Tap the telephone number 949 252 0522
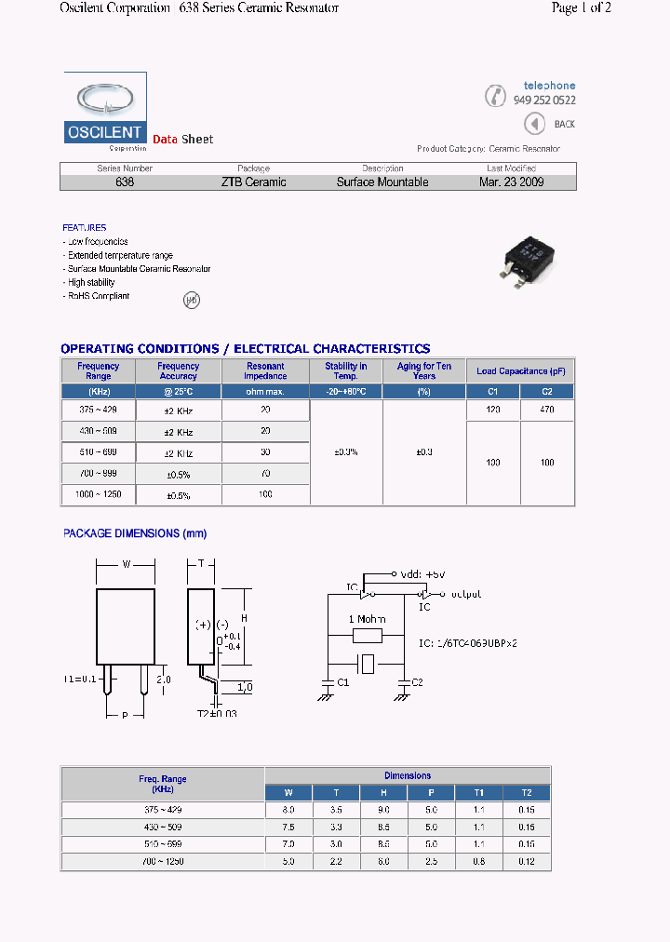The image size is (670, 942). [544, 101]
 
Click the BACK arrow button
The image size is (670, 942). [534, 124]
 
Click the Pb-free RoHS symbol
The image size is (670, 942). [191, 300]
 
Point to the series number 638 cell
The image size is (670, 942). [125, 182]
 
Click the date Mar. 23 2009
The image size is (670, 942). [511, 182]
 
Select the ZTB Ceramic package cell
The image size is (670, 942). [253, 182]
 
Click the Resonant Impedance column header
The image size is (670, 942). [265, 371]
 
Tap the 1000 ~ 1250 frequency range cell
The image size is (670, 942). [99, 495]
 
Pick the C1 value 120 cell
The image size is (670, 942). [493, 410]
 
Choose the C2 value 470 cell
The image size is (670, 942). [547, 410]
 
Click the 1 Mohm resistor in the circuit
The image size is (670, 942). [368, 636]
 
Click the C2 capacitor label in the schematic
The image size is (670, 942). [416, 682]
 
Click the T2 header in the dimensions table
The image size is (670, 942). [527, 793]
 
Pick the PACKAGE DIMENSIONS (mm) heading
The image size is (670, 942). [135, 533]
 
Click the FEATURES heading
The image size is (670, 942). [85, 228]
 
